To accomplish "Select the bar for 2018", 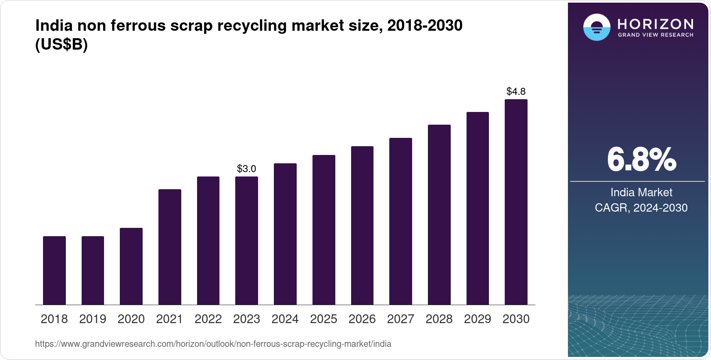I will tap(54, 270).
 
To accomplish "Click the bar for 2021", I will tap(170, 247).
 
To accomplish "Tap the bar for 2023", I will tap(247, 241).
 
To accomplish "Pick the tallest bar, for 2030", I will tap(516, 202).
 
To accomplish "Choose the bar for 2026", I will tap(362, 225).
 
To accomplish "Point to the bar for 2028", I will tap(439, 215).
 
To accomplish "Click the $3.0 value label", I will tap(247, 169).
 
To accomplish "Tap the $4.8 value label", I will tap(516, 91).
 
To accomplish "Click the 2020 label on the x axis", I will tap(131, 319).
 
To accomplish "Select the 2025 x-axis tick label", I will tap(323, 319).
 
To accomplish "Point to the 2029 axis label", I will tap(478, 319).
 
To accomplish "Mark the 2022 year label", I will tap(208, 319).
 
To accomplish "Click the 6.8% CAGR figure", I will tap(641, 160).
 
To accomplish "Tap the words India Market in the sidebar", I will tap(641, 192).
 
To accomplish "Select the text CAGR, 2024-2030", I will tap(641, 208).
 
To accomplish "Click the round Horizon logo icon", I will tap(596, 28).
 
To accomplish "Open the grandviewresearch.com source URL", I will tap(213, 344).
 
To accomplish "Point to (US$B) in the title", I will tap(61, 45).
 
